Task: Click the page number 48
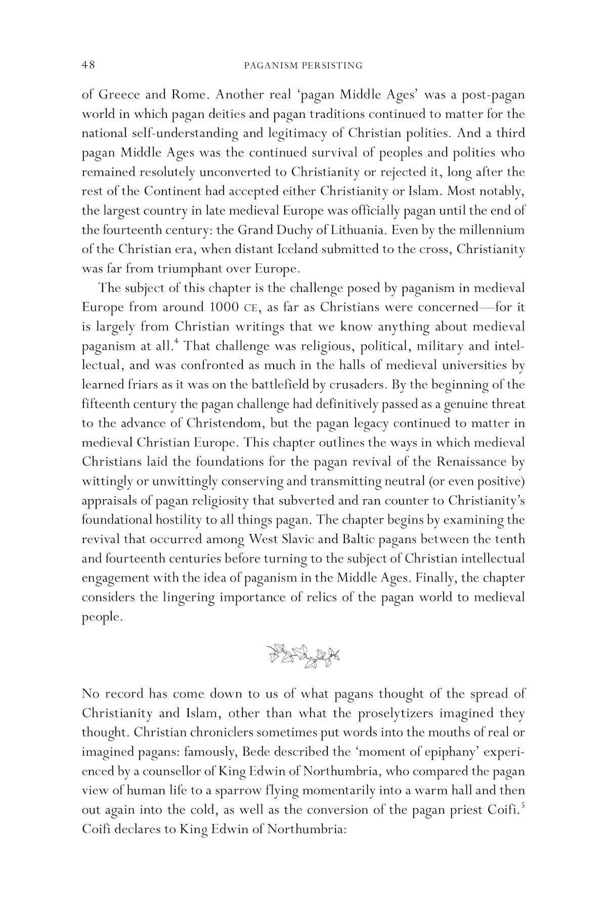(x=89, y=65)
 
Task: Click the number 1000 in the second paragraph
(x=221, y=307)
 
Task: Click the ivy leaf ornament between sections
(x=303, y=656)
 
